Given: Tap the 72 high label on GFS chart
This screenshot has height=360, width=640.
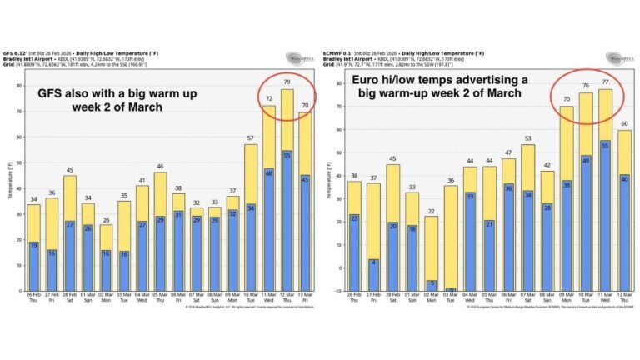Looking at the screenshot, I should coord(268,99).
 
